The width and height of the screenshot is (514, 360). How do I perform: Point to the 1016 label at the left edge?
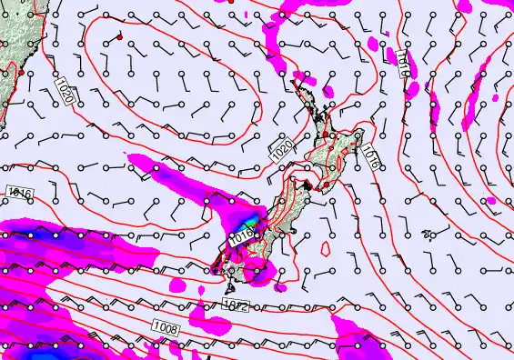click(19, 193)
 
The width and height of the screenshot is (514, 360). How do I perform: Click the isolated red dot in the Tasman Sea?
click(119, 37)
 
